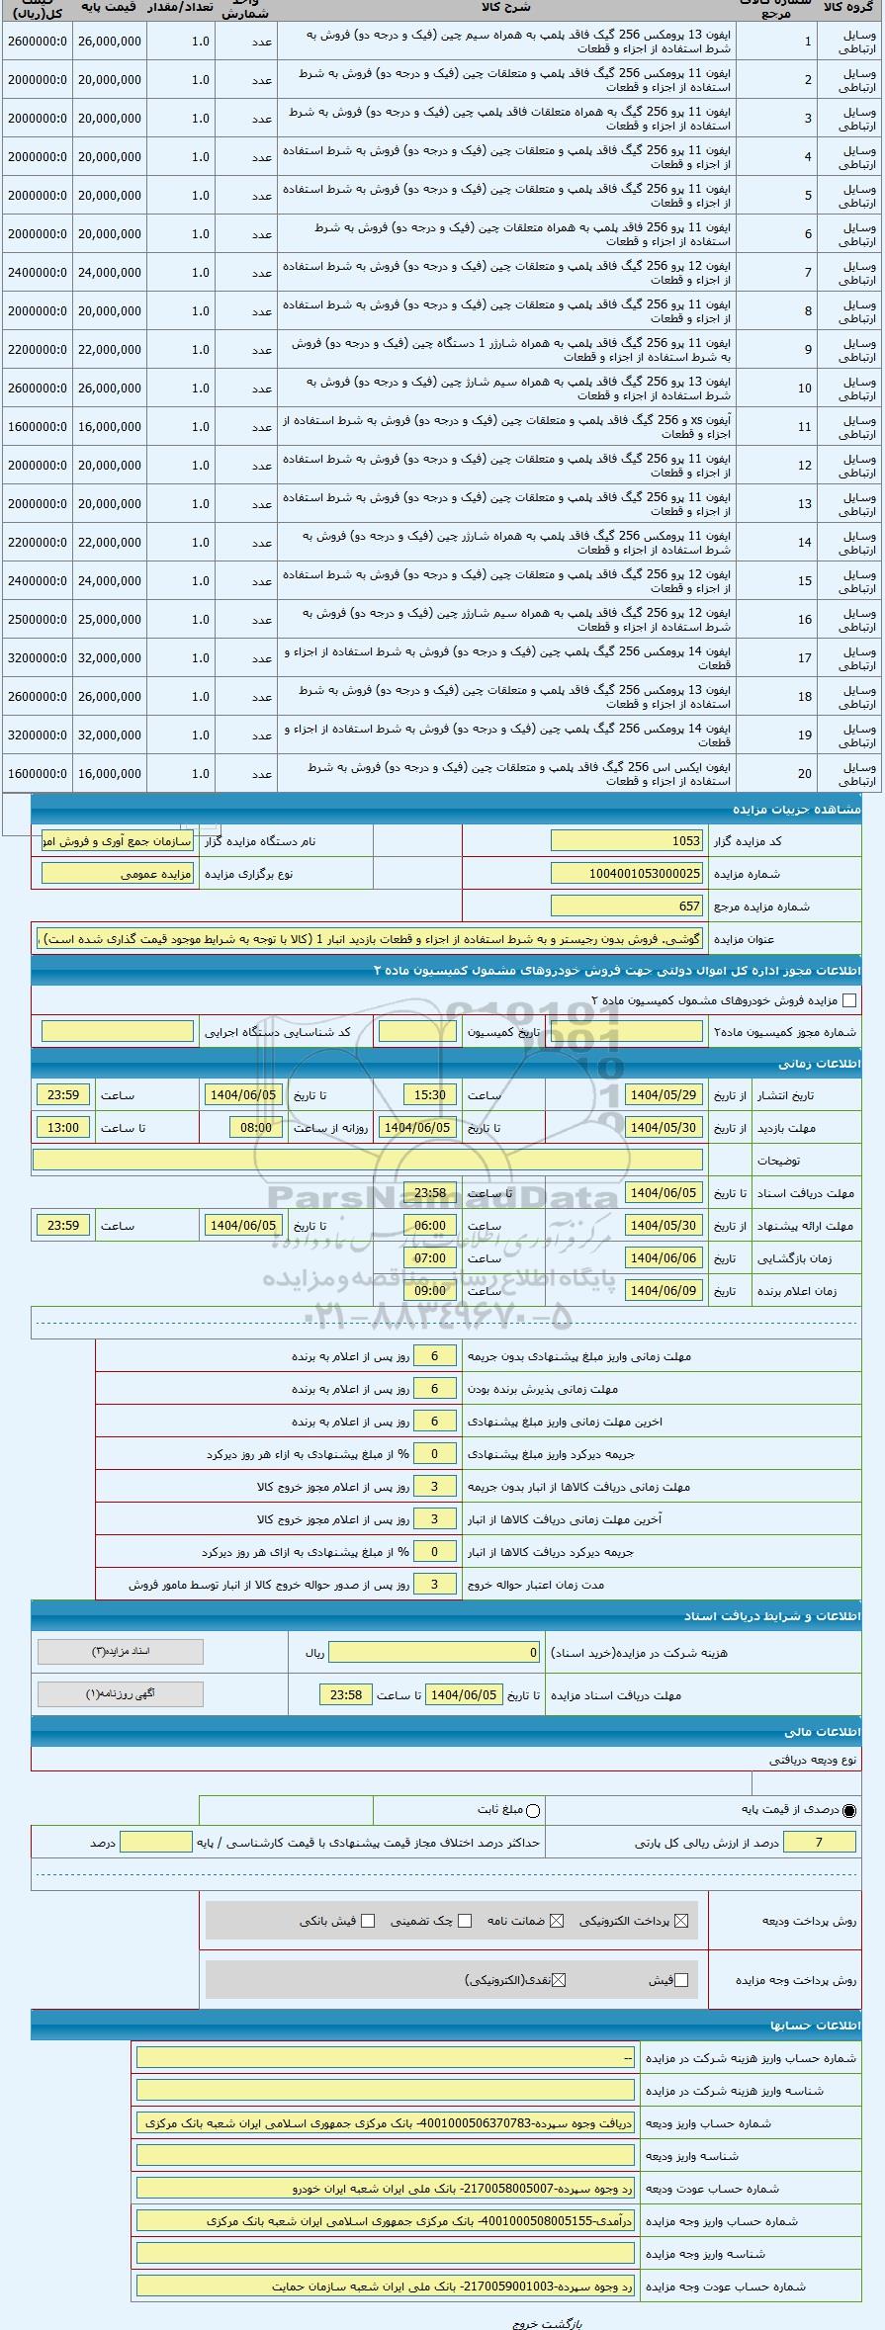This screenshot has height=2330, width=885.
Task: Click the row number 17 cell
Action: click(x=805, y=658)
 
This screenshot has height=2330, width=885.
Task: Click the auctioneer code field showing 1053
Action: click(x=627, y=841)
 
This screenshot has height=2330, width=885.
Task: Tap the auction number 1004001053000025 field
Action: click(x=627, y=874)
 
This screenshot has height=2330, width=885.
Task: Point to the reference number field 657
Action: click(x=627, y=906)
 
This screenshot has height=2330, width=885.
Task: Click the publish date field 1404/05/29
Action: click(x=664, y=1095)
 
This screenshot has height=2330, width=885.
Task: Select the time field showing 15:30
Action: click(x=430, y=1095)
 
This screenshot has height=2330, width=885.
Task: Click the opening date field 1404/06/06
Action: click(x=664, y=1258)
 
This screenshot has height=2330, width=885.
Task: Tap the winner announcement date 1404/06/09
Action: click(x=664, y=1291)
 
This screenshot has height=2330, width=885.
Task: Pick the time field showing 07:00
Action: click(x=430, y=1258)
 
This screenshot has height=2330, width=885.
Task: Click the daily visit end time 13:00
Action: click(x=63, y=1128)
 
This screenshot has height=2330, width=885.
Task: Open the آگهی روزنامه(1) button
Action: click(x=121, y=1694)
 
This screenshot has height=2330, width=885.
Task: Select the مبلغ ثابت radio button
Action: click(x=534, y=1811)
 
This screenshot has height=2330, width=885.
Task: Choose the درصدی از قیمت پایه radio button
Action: click(x=850, y=1811)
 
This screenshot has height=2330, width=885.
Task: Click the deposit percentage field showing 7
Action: click(x=818, y=1843)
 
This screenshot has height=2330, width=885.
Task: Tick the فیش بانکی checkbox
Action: click(x=368, y=1922)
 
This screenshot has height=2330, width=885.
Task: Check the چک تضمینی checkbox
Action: click(x=465, y=1922)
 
